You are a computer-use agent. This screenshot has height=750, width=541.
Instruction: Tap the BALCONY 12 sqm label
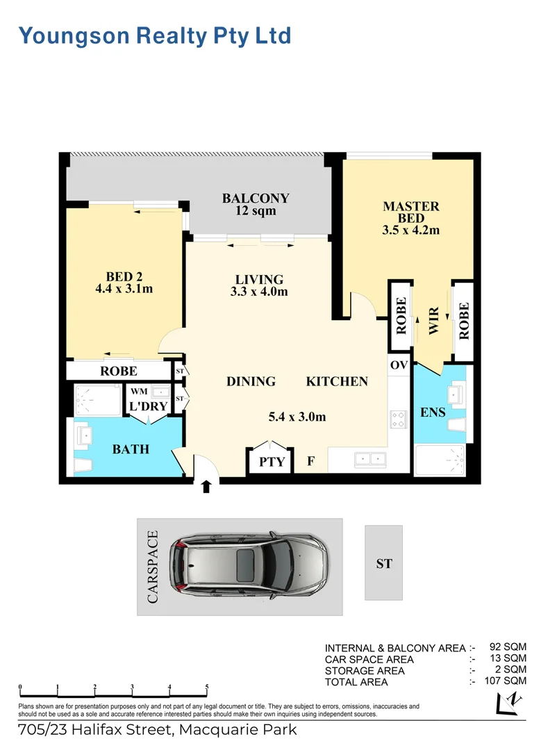point(256,204)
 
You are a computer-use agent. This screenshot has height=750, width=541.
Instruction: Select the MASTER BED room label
point(411,217)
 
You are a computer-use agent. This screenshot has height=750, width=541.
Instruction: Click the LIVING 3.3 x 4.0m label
point(259,285)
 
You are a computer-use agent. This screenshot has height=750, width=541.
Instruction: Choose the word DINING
point(251,381)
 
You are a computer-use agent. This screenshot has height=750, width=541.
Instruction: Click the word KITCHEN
point(337,381)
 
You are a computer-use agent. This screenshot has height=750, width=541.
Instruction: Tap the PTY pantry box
point(272,461)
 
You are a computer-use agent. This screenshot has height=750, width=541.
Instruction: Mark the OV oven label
point(399,365)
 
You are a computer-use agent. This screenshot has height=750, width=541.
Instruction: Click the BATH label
point(131,449)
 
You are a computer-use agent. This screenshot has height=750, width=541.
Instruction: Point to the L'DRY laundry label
point(146,406)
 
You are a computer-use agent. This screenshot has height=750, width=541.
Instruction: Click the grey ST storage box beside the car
point(383,562)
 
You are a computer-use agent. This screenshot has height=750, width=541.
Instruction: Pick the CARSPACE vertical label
point(153,567)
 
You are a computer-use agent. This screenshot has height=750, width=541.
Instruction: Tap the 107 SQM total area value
point(504,681)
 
